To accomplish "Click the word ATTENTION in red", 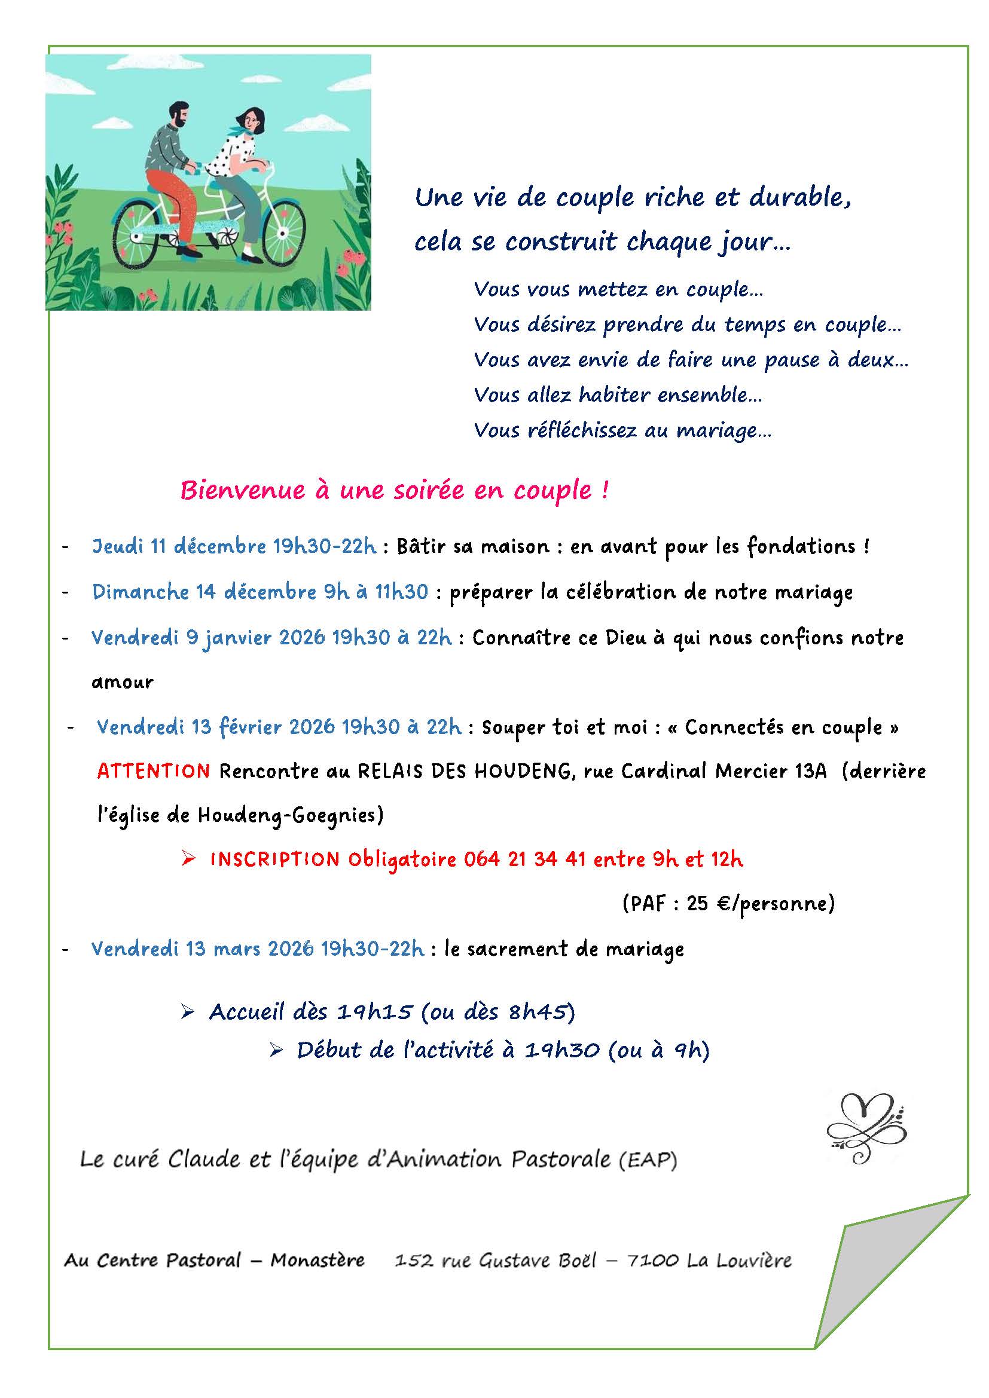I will click(154, 771).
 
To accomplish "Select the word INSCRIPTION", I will click(274, 859).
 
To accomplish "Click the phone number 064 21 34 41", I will click(524, 859).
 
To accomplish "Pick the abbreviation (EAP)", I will click(648, 1161).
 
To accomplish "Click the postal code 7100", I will click(652, 1260).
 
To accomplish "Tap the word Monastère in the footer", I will click(318, 1260).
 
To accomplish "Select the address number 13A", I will click(811, 771).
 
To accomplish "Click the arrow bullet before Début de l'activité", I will click(276, 1050).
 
